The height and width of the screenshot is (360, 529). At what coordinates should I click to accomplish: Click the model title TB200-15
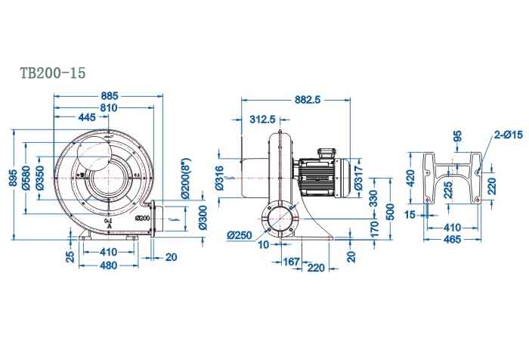[x=53, y=73]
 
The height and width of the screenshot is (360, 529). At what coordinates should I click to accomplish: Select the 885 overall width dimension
[x=110, y=96]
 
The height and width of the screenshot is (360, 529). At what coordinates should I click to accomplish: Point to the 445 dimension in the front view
[x=87, y=118]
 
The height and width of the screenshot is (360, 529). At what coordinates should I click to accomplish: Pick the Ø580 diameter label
[x=27, y=177]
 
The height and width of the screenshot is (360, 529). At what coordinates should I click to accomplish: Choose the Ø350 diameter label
[x=41, y=177]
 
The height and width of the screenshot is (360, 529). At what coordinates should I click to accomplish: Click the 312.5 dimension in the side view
[x=261, y=119]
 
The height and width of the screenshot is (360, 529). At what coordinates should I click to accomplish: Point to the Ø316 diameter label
[x=219, y=178]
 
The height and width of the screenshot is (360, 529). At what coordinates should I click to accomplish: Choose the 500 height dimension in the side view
[x=390, y=210]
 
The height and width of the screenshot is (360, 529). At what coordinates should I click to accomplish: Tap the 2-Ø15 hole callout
[x=508, y=135]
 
